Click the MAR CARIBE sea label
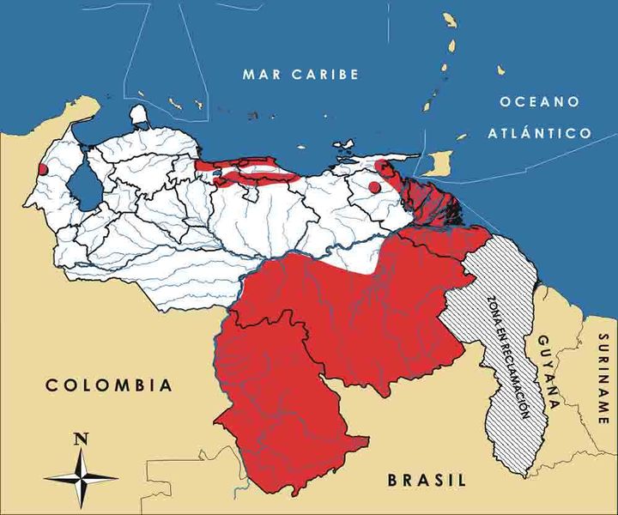coord(300,75)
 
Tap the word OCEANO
coord(539,102)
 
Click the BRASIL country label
coord(427,481)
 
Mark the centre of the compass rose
coord(82,476)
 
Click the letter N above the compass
coord(82,439)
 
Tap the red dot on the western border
coord(43,169)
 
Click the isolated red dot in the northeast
coord(373,186)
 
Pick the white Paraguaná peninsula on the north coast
coord(139,115)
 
